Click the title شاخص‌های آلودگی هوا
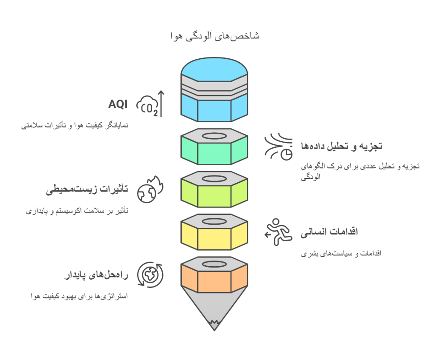(215, 36)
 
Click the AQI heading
(118, 105)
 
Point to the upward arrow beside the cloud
(161, 104)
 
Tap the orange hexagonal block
(214, 279)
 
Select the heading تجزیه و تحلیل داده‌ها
(341, 146)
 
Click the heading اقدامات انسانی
(329, 232)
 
